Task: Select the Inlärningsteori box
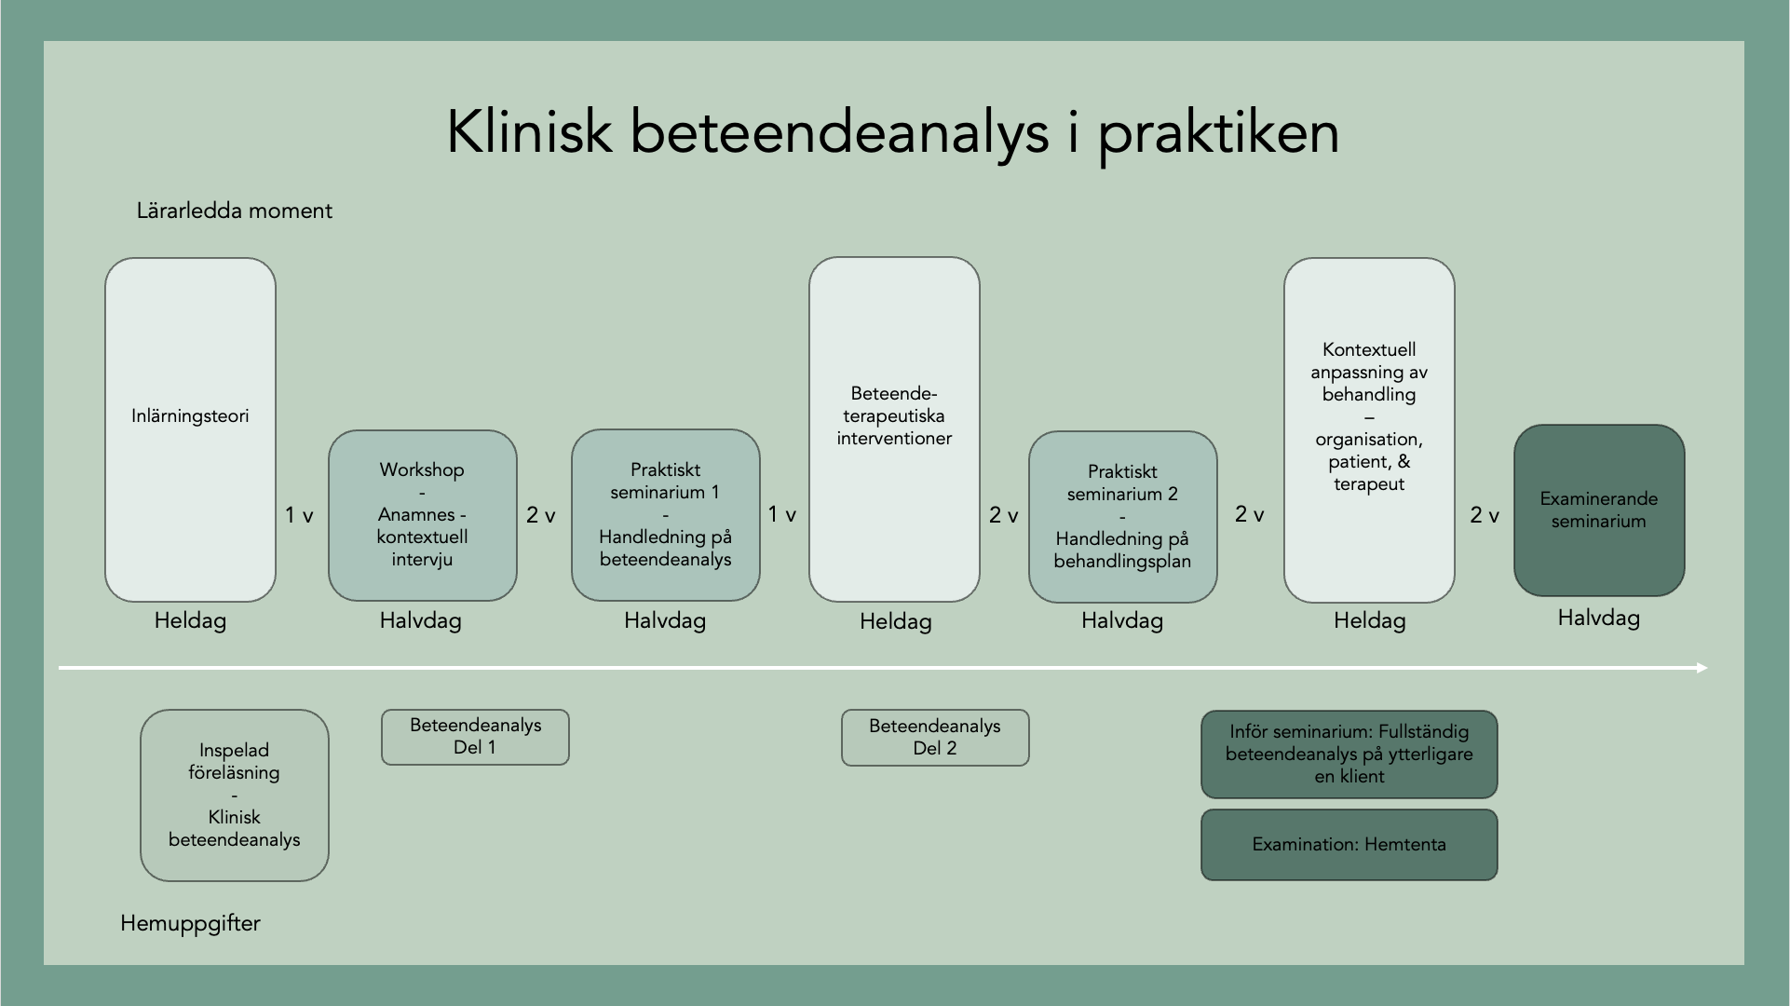pyautogui.click(x=190, y=429)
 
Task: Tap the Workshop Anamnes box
pyautogui.click(x=422, y=515)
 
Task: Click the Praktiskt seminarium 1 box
pyautogui.click(x=665, y=515)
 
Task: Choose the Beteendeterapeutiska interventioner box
pyautogui.click(x=894, y=429)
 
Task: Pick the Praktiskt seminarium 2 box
pyautogui.click(x=1122, y=517)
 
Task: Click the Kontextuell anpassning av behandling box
pyautogui.click(x=1369, y=429)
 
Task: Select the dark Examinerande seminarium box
pyautogui.click(x=1599, y=510)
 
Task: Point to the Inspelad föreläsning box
pyautogui.click(x=235, y=795)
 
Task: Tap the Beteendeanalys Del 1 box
pyautogui.click(x=475, y=737)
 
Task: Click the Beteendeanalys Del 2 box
pyautogui.click(x=935, y=738)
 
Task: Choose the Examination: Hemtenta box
pyautogui.click(x=1349, y=845)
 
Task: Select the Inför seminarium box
pyautogui.click(x=1349, y=754)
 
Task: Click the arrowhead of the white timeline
pyautogui.click(x=1702, y=667)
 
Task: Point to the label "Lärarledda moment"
pyautogui.click(x=235, y=211)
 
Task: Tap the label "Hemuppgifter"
pyautogui.click(x=190, y=923)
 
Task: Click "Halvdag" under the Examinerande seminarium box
pyautogui.click(x=1598, y=618)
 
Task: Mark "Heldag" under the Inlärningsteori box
pyautogui.click(x=190, y=620)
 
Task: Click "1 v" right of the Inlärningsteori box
pyautogui.click(x=299, y=515)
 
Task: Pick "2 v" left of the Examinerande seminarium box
pyautogui.click(x=1485, y=515)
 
